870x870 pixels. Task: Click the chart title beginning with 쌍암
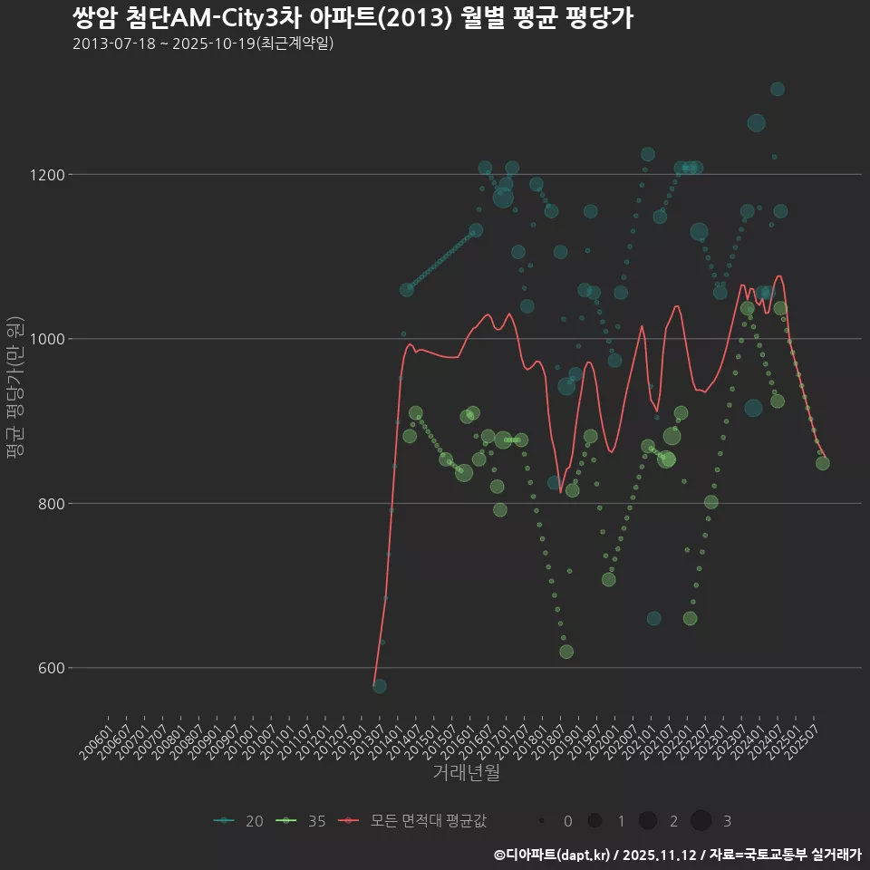[353, 17]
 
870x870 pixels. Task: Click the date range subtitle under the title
[203, 43]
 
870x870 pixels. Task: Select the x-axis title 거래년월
[466, 772]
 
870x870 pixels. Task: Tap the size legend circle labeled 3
[701, 821]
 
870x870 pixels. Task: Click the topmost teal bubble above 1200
[777, 89]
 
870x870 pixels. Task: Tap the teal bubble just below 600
[380, 686]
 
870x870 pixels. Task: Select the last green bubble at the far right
[822, 463]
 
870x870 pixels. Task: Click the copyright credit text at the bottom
[677, 855]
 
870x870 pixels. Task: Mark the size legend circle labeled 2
[647, 821]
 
